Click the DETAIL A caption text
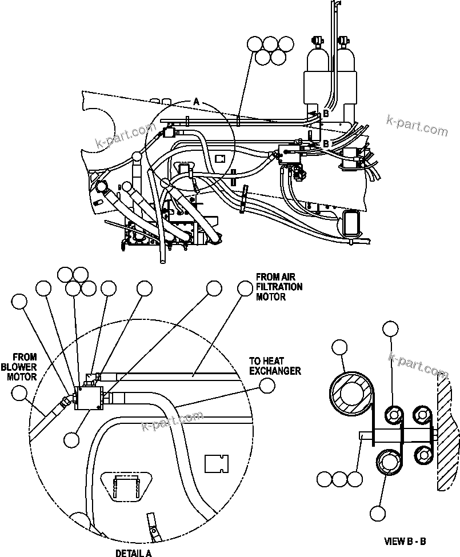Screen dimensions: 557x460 coord(133,552)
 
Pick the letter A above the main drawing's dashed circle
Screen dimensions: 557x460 coord(196,101)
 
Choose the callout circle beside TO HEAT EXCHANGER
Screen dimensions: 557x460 coord(266,386)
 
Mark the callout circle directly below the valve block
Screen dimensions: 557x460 coord(72,439)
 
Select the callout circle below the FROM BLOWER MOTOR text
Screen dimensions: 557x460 coord(20,392)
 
